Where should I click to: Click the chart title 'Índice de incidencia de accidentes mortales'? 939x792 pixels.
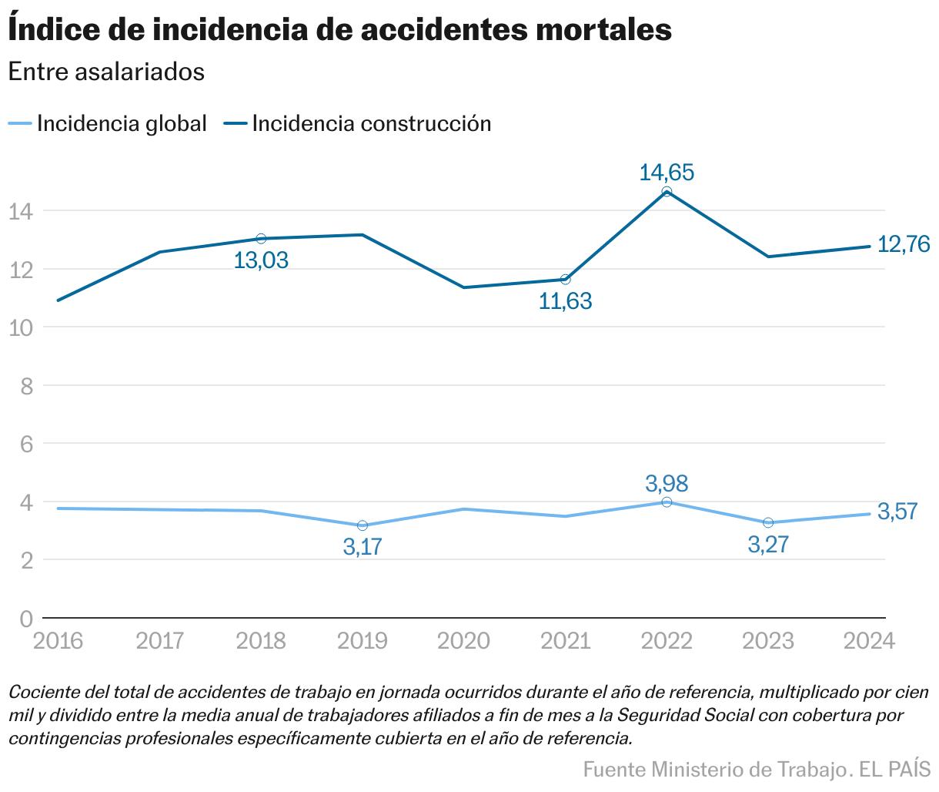(x=339, y=30)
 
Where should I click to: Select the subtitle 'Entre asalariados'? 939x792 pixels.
(x=106, y=72)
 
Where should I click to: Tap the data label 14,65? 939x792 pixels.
(x=667, y=172)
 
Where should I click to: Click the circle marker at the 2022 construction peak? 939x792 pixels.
(x=667, y=192)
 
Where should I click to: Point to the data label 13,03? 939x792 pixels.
(x=261, y=260)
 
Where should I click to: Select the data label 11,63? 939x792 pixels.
(x=565, y=301)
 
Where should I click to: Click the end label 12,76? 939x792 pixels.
(x=904, y=245)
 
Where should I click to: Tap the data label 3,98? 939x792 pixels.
(x=667, y=484)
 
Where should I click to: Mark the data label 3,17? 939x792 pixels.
(x=363, y=548)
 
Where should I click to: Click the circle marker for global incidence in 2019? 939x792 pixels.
(x=363, y=525)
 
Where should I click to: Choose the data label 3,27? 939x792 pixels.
(x=768, y=545)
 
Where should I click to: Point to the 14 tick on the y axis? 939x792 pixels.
(x=21, y=211)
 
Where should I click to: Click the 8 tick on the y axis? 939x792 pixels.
(x=26, y=386)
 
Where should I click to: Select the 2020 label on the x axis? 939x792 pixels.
(x=463, y=641)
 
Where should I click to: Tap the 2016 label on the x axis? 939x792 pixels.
(x=58, y=641)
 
